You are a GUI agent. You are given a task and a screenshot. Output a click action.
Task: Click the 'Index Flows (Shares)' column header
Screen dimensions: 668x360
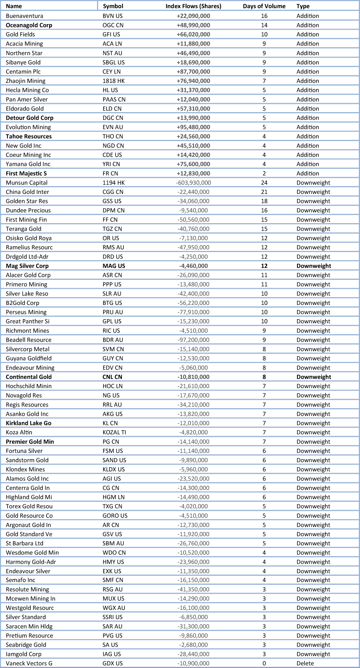(x=193, y=6)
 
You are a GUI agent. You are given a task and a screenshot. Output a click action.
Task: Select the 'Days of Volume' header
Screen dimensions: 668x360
(x=264, y=6)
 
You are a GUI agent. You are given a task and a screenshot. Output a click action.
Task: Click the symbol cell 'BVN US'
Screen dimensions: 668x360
(x=112, y=16)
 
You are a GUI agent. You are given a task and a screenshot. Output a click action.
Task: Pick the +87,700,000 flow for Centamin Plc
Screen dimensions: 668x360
(x=193, y=72)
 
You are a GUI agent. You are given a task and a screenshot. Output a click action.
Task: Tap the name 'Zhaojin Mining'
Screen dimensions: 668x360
(x=25, y=81)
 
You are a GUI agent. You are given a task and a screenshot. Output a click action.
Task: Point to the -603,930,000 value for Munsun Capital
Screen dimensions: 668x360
(x=193, y=183)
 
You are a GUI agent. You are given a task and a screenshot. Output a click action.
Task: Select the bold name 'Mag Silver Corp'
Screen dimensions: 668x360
(x=27, y=266)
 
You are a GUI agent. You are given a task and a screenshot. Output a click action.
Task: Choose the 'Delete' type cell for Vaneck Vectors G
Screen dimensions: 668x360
(x=305, y=663)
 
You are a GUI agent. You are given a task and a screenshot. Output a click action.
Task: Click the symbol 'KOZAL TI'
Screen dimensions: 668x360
(x=114, y=432)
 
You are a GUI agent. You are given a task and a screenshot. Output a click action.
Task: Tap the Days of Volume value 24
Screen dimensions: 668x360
(x=264, y=183)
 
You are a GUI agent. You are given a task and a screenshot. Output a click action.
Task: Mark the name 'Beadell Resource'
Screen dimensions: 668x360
(x=28, y=340)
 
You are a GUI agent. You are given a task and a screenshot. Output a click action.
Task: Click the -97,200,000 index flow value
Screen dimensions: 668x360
(x=193, y=340)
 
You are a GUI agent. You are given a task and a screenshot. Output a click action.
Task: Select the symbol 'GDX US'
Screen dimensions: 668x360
(x=112, y=663)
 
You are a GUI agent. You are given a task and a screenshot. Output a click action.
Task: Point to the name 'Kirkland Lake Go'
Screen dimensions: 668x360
(x=28, y=423)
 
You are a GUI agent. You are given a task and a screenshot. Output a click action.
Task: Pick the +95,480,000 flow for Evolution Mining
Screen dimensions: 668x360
(x=193, y=127)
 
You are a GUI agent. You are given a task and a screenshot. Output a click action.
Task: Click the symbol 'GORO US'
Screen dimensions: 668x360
(x=115, y=516)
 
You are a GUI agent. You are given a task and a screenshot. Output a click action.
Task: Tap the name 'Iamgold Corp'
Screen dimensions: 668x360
(x=24, y=654)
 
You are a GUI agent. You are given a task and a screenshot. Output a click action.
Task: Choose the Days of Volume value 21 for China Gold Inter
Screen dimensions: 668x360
(x=264, y=192)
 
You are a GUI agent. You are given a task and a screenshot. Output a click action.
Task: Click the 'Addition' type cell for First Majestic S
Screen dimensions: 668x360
(x=307, y=173)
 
